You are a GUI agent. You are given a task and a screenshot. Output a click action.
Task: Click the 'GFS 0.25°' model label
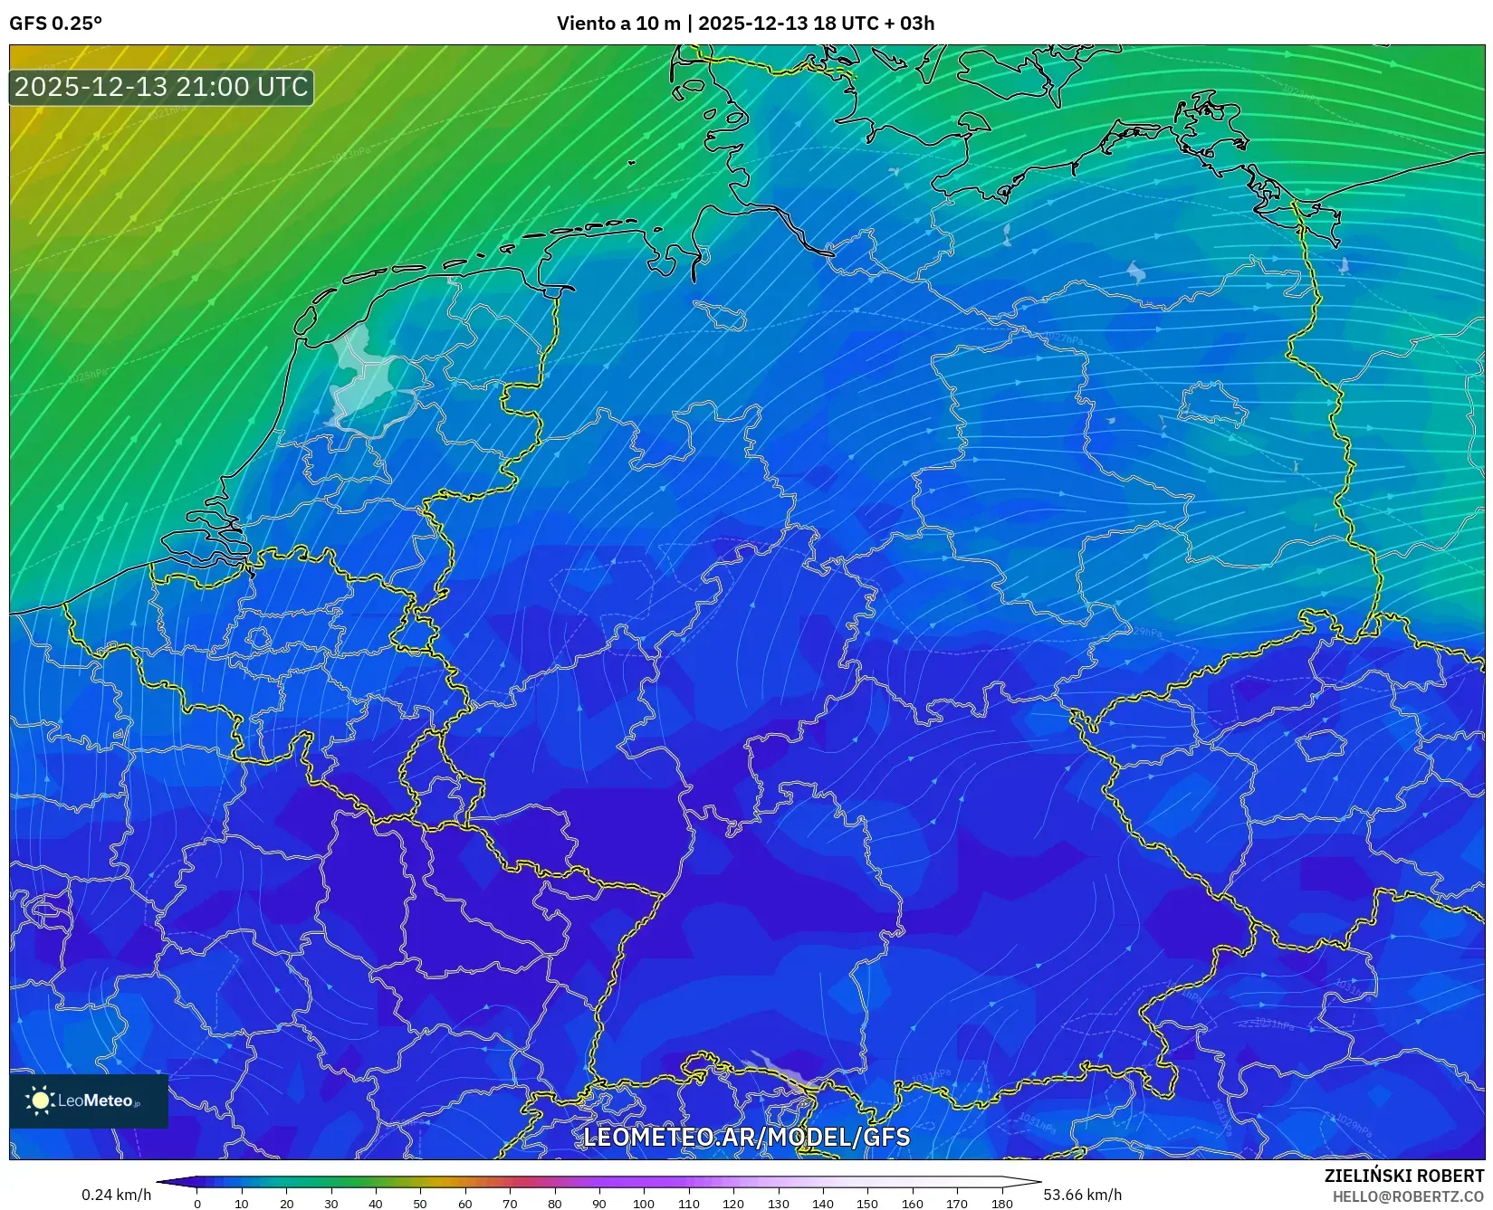pos(55,24)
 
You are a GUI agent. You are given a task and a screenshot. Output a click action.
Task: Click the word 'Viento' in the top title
pos(585,24)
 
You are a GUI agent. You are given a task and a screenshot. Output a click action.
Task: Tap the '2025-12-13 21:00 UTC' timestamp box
pos(161,87)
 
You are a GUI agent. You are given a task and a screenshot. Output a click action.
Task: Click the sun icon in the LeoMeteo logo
pos(41,1100)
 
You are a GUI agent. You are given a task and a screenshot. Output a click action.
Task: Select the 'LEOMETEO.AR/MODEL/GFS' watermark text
pos(746,1137)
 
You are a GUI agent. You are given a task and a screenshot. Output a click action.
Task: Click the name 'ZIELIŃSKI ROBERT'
pos(1404,1176)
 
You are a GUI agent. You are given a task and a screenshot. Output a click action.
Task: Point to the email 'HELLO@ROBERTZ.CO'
pos(1408,1196)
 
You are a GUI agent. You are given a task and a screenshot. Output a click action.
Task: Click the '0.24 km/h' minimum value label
pos(117,1195)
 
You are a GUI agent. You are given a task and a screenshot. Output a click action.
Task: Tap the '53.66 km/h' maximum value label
pos(1083,1195)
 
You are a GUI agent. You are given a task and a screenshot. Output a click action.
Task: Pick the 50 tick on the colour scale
pos(420,1204)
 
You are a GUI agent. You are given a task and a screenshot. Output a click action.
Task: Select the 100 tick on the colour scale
pos(644,1204)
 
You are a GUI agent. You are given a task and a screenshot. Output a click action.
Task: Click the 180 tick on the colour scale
pos(1001,1204)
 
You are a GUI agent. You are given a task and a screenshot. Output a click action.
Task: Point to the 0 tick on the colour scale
pos(197,1204)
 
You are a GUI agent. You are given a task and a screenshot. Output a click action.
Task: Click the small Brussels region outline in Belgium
pos(258,638)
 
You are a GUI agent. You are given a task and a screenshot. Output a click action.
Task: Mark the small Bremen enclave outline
pos(721,316)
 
